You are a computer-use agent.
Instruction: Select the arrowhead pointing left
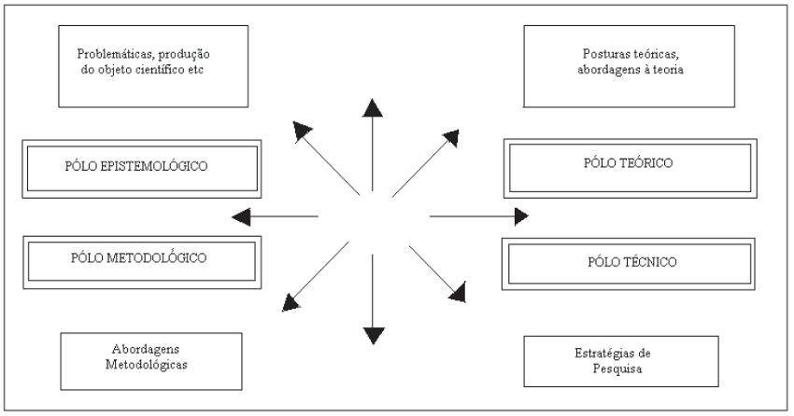(243, 217)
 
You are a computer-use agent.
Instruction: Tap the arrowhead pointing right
(519, 217)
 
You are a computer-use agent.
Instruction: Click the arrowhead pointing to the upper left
(301, 130)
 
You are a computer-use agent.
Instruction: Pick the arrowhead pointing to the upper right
(452, 137)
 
